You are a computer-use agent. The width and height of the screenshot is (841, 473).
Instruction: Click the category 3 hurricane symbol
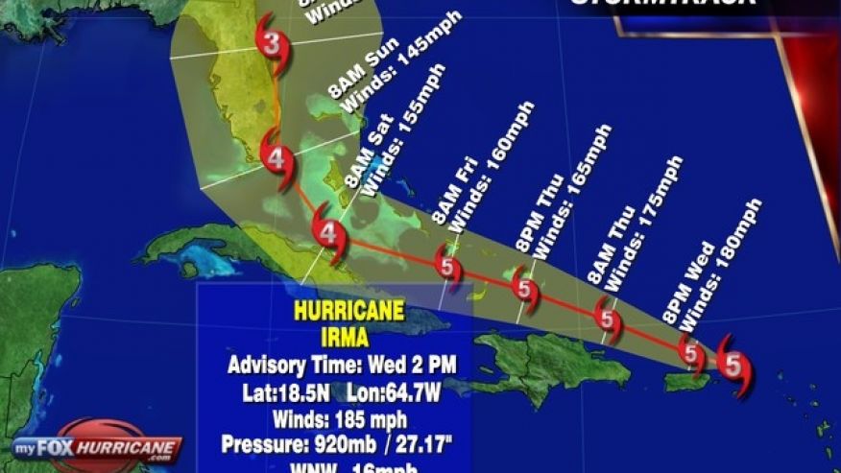point(273,44)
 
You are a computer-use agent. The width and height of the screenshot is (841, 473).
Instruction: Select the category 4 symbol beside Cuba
point(329,232)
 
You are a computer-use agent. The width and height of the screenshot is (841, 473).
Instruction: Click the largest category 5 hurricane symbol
point(733,364)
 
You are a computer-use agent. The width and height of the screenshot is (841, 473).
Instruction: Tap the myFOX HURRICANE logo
point(98,447)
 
